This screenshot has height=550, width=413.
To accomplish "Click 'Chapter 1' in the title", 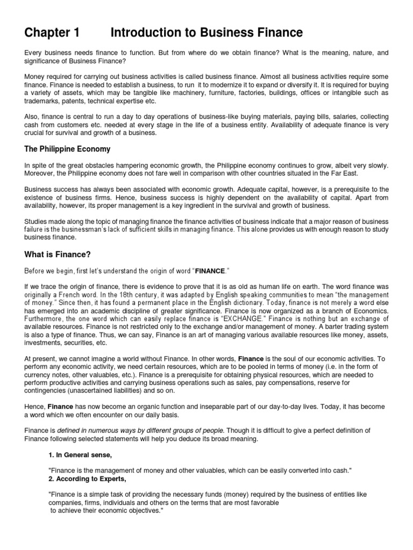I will coord(52,33).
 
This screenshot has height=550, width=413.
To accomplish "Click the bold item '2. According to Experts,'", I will coord(87,479).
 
